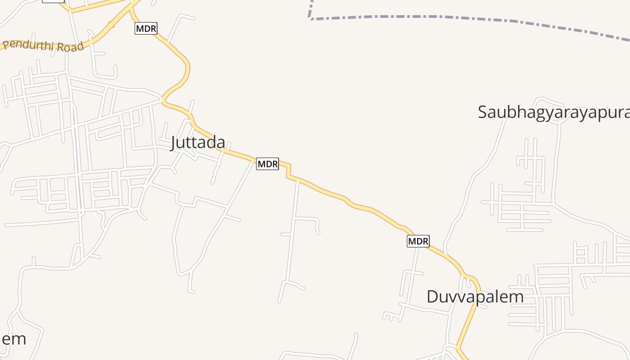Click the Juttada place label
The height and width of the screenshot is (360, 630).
point(198,143)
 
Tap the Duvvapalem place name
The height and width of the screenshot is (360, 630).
point(475,297)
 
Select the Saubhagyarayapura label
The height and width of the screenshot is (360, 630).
point(553,112)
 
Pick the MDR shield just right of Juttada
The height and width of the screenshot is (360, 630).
point(267,164)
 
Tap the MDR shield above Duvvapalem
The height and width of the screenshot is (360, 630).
point(418,241)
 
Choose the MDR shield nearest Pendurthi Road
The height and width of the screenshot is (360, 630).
point(146,29)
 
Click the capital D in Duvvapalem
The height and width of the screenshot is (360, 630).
point(432,297)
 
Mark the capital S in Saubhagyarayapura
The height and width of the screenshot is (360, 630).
point(483,112)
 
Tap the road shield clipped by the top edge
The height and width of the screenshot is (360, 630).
point(53,1)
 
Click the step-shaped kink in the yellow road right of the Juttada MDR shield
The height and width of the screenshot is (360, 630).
point(288,171)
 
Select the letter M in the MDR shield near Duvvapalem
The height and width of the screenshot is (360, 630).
point(412,241)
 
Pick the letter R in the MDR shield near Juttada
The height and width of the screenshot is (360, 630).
point(274,164)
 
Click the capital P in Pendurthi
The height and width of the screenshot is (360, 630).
point(6,45)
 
